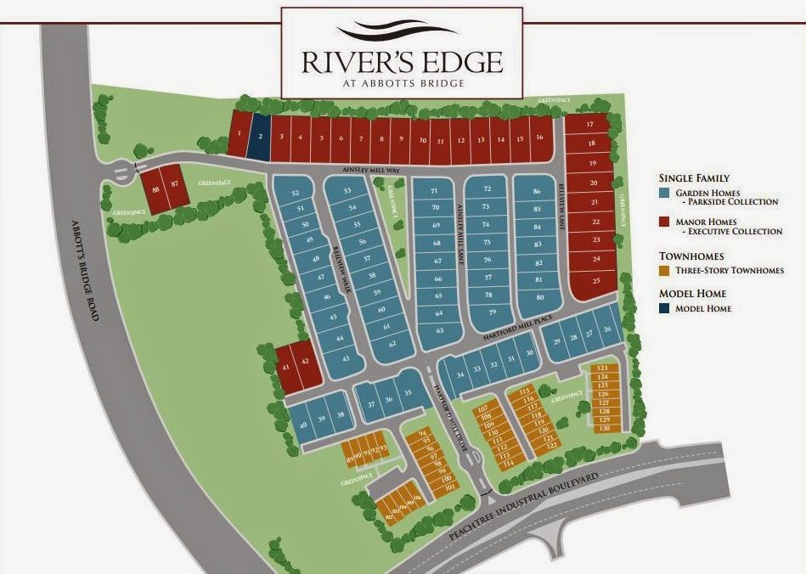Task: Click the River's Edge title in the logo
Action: (x=402, y=62)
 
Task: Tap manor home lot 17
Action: (x=589, y=125)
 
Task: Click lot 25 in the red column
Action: (x=596, y=279)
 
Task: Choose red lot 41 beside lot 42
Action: (x=286, y=367)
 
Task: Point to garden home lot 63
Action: (x=439, y=329)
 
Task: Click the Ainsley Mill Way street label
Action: (x=371, y=171)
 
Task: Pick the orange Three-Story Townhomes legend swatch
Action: (x=665, y=270)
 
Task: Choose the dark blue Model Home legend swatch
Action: (x=665, y=308)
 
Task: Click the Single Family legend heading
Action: (x=694, y=178)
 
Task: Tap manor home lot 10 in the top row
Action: (x=420, y=139)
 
